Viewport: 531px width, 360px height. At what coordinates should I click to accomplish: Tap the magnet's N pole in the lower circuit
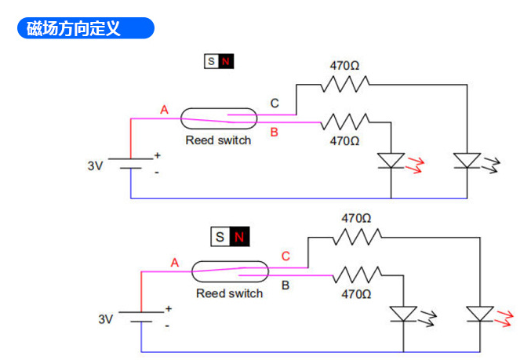tap(239, 236)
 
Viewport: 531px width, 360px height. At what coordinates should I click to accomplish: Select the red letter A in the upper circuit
tap(164, 110)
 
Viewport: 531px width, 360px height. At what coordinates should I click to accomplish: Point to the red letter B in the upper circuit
tap(274, 133)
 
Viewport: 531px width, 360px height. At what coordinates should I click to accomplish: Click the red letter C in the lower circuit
tap(286, 256)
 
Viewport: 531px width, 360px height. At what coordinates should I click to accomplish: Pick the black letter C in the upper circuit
tap(274, 104)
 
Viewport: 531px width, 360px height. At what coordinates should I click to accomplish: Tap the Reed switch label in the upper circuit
tap(218, 140)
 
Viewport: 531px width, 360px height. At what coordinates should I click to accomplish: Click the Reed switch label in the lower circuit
tap(229, 293)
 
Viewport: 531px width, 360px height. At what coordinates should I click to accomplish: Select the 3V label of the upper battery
tap(95, 165)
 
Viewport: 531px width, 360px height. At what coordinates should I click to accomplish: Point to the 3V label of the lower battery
tap(106, 318)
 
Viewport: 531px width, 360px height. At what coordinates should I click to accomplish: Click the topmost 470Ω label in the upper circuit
tap(345, 66)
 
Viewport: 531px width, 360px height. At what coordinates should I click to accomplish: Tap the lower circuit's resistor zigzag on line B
tap(357, 275)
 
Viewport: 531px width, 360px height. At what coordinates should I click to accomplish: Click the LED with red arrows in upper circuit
tap(391, 161)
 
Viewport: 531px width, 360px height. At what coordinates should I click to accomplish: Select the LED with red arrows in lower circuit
tap(480, 314)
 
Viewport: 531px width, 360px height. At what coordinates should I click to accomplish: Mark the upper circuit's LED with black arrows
tap(468, 161)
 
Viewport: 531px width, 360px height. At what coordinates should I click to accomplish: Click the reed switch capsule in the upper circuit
tap(219, 119)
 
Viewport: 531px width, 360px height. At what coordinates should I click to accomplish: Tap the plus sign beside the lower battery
tap(168, 309)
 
